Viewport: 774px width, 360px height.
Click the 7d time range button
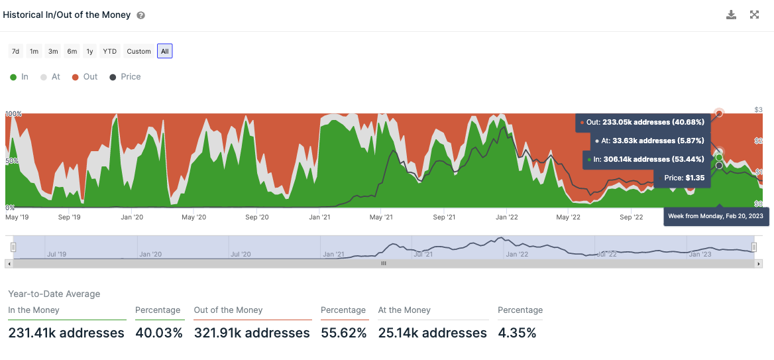16,51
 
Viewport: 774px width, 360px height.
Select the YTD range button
110,51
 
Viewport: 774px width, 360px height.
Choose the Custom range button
138,51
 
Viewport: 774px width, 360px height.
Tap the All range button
165,51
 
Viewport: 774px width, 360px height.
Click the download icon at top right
731,15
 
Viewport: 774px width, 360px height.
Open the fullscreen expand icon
754,15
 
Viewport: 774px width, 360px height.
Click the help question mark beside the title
140,15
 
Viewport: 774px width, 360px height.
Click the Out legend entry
90,77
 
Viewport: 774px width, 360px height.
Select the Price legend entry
131,77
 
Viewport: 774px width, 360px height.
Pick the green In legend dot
13,77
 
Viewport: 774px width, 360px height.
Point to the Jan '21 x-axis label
320,217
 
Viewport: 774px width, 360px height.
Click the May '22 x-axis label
568,217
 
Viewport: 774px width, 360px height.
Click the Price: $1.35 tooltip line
685,178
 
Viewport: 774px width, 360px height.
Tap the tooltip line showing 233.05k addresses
645,122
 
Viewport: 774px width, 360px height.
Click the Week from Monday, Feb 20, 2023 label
716,216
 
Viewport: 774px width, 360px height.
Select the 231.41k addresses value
66,333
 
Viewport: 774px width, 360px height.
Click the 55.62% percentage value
343,333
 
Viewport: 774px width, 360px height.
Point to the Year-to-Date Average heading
54,294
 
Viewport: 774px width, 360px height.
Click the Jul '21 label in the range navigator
423,254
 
